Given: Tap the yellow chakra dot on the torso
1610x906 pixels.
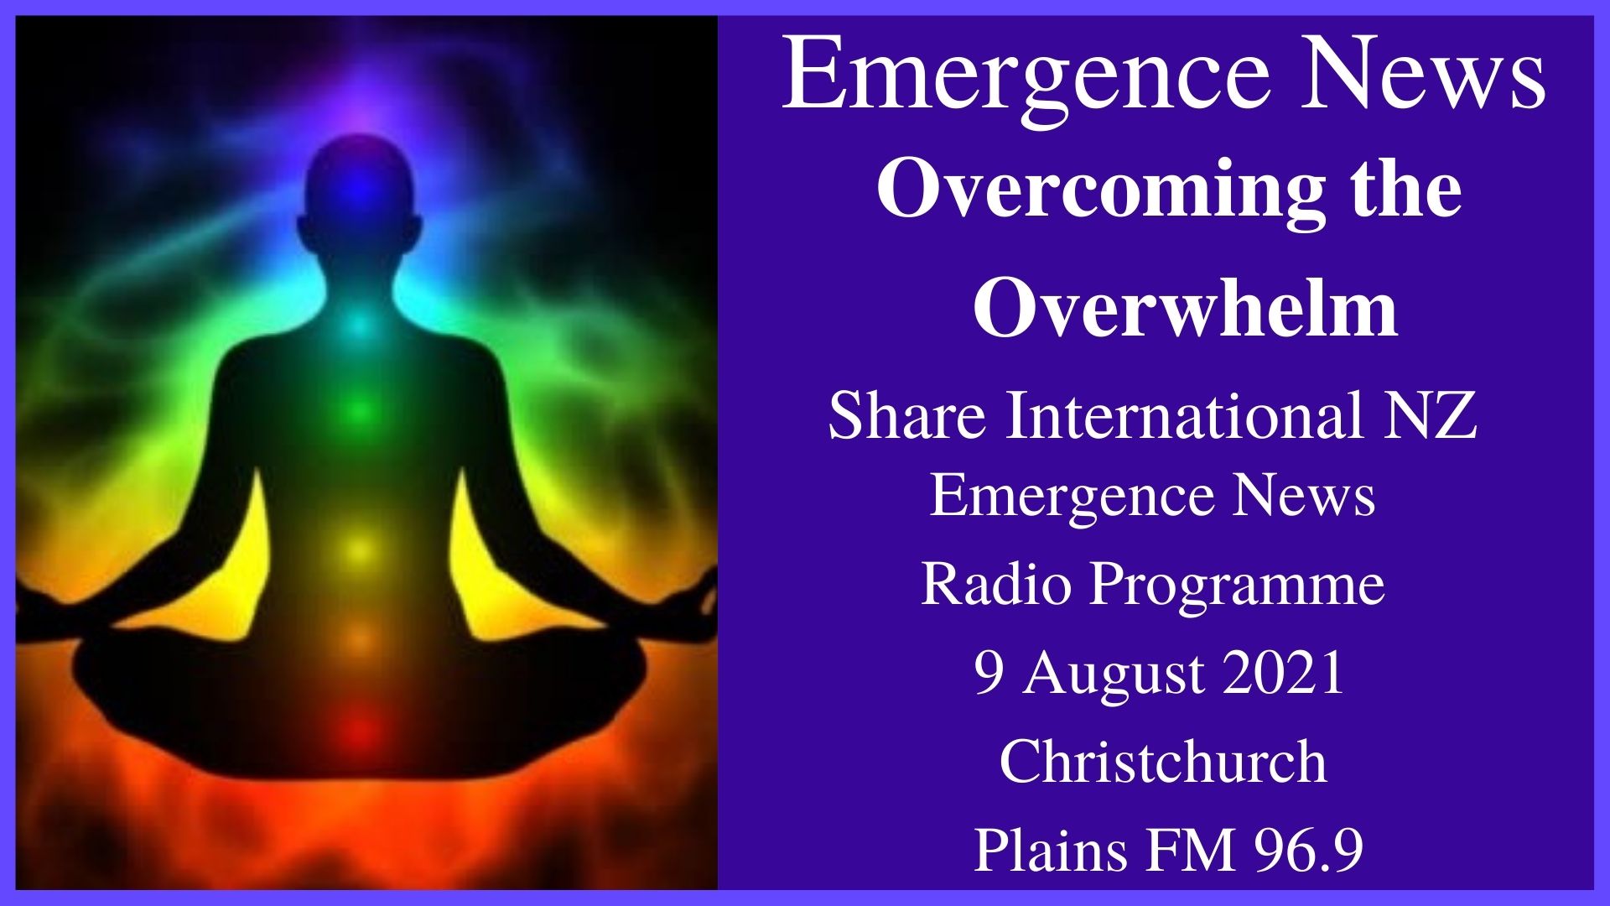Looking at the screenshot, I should point(359,550).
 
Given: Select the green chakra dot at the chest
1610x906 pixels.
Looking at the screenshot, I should point(359,411).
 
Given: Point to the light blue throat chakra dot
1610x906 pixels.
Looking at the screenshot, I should point(359,324).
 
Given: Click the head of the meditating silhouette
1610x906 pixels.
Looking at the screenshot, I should point(359,185).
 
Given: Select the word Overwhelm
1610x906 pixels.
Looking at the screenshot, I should point(1185,310).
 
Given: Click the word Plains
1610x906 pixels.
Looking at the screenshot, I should point(1051,851).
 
